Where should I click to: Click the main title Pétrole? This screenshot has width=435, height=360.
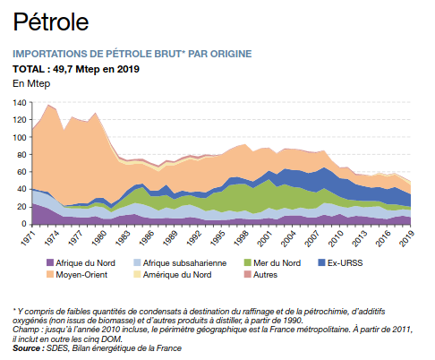(x=51, y=21)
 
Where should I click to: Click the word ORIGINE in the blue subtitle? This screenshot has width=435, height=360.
(x=231, y=54)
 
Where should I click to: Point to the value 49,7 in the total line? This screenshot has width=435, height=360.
(x=63, y=69)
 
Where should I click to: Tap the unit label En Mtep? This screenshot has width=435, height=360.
(x=31, y=83)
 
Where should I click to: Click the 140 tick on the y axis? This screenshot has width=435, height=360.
(x=20, y=103)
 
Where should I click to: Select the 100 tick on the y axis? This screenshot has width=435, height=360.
(x=20, y=137)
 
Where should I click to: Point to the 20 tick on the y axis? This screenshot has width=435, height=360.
(x=21, y=207)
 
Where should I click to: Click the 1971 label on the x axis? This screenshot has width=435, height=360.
(x=28, y=238)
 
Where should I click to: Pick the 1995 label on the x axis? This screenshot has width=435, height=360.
(x=217, y=238)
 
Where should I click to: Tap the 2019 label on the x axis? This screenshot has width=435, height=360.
(x=406, y=238)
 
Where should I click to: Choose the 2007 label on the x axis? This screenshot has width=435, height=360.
(x=311, y=238)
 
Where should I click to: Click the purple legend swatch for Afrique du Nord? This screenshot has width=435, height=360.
(x=50, y=262)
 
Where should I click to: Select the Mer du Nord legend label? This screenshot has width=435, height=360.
(x=277, y=263)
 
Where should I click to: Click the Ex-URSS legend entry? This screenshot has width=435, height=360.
(x=340, y=262)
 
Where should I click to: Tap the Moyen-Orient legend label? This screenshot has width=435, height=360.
(x=81, y=275)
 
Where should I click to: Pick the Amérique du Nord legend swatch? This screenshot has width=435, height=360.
(x=137, y=274)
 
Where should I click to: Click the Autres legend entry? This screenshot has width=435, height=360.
(x=260, y=274)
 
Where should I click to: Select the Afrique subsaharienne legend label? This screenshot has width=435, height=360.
(x=184, y=263)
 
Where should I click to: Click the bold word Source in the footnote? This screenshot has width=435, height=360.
(x=26, y=348)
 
